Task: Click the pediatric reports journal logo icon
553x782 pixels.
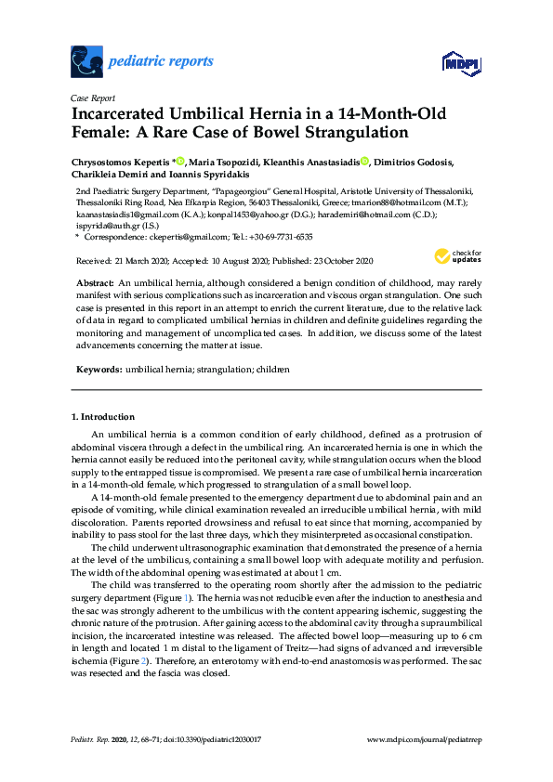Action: pos(86,62)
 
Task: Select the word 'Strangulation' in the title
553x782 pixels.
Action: pos(355,133)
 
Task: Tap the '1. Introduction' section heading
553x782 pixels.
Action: pos(103,417)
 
